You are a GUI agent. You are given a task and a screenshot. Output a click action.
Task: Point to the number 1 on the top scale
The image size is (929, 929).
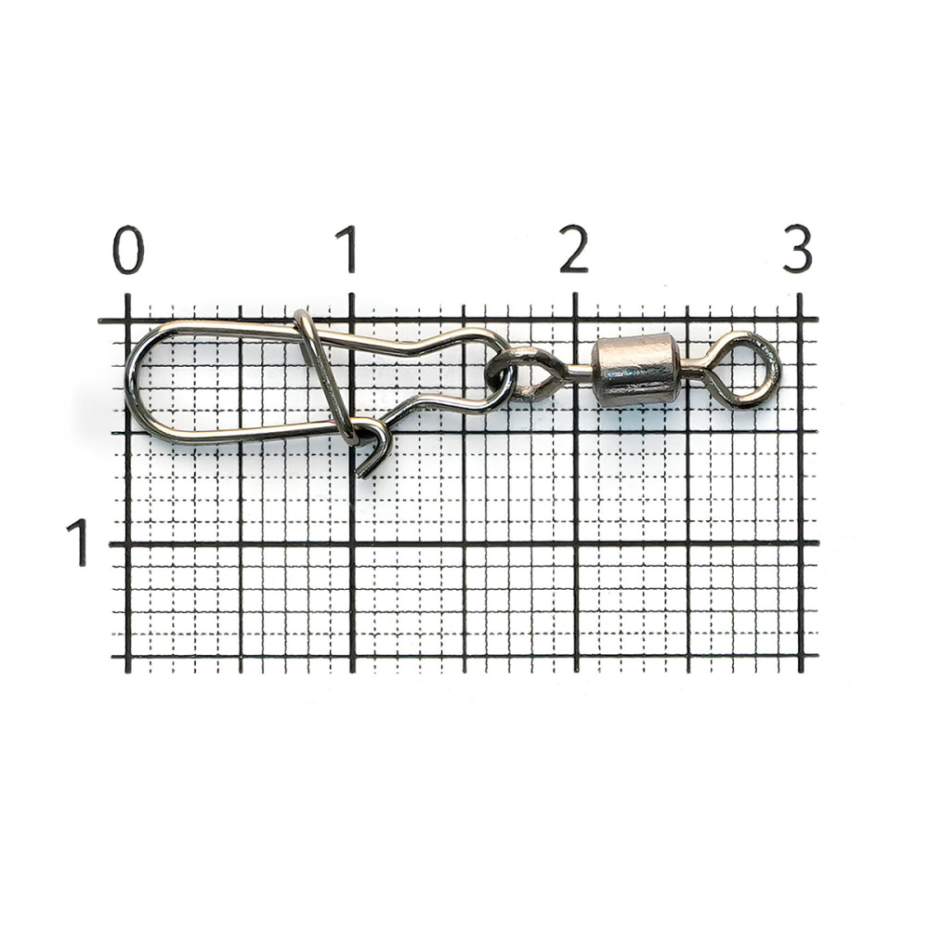click(347, 249)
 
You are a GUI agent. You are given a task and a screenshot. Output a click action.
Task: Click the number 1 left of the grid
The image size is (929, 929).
click(79, 542)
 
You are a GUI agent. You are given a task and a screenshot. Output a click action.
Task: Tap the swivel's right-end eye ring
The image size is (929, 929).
click(752, 367)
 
